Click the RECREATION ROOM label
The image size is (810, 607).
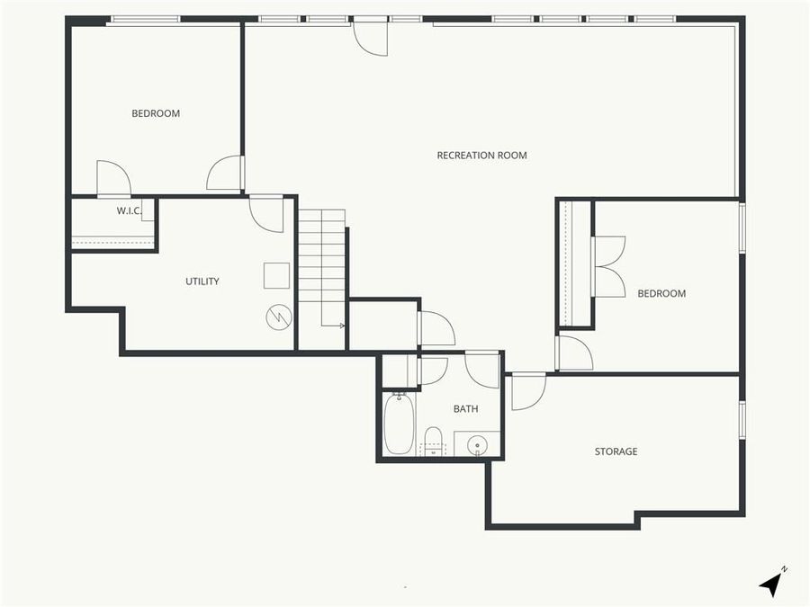pyautogui.click(x=481, y=156)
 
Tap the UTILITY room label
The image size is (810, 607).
pyautogui.click(x=202, y=281)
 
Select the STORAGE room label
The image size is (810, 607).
pyautogui.click(x=616, y=451)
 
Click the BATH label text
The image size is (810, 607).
pyautogui.click(x=465, y=409)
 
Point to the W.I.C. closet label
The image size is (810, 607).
pyautogui.click(x=129, y=211)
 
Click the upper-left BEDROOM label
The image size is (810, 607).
pyautogui.click(x=156, y=113)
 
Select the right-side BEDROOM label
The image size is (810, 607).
pyautogui.click(x=661, y=294)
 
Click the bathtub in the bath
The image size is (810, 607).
pyautogui.click(x=398, y=424)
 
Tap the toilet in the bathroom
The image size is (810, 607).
pyautogui.click(x=433, y=442)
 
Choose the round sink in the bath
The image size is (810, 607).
pyautogui.click(x=477, y=444)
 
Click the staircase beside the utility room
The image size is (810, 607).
pyautogui.click(x=322, y=261)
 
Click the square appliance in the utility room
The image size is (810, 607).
pyautogui.click(x=276, y=275)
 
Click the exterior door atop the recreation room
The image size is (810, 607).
pyautogui.click(x=370, y=38)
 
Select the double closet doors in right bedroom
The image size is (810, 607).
pyautogui.click(x=608, y=267)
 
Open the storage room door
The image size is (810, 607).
pyautogui.click(x=528, y=391)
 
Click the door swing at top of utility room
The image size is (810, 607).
pyautogui.click(x=266, y=214)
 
